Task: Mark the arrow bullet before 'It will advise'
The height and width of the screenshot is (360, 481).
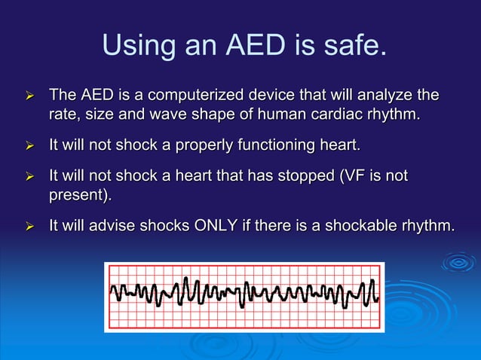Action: [30, 224]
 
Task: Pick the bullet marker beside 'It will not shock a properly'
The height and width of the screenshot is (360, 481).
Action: [30, 145]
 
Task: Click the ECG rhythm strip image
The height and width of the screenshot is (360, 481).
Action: [244, 297]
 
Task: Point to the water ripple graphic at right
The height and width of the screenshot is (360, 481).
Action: [457, 262]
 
